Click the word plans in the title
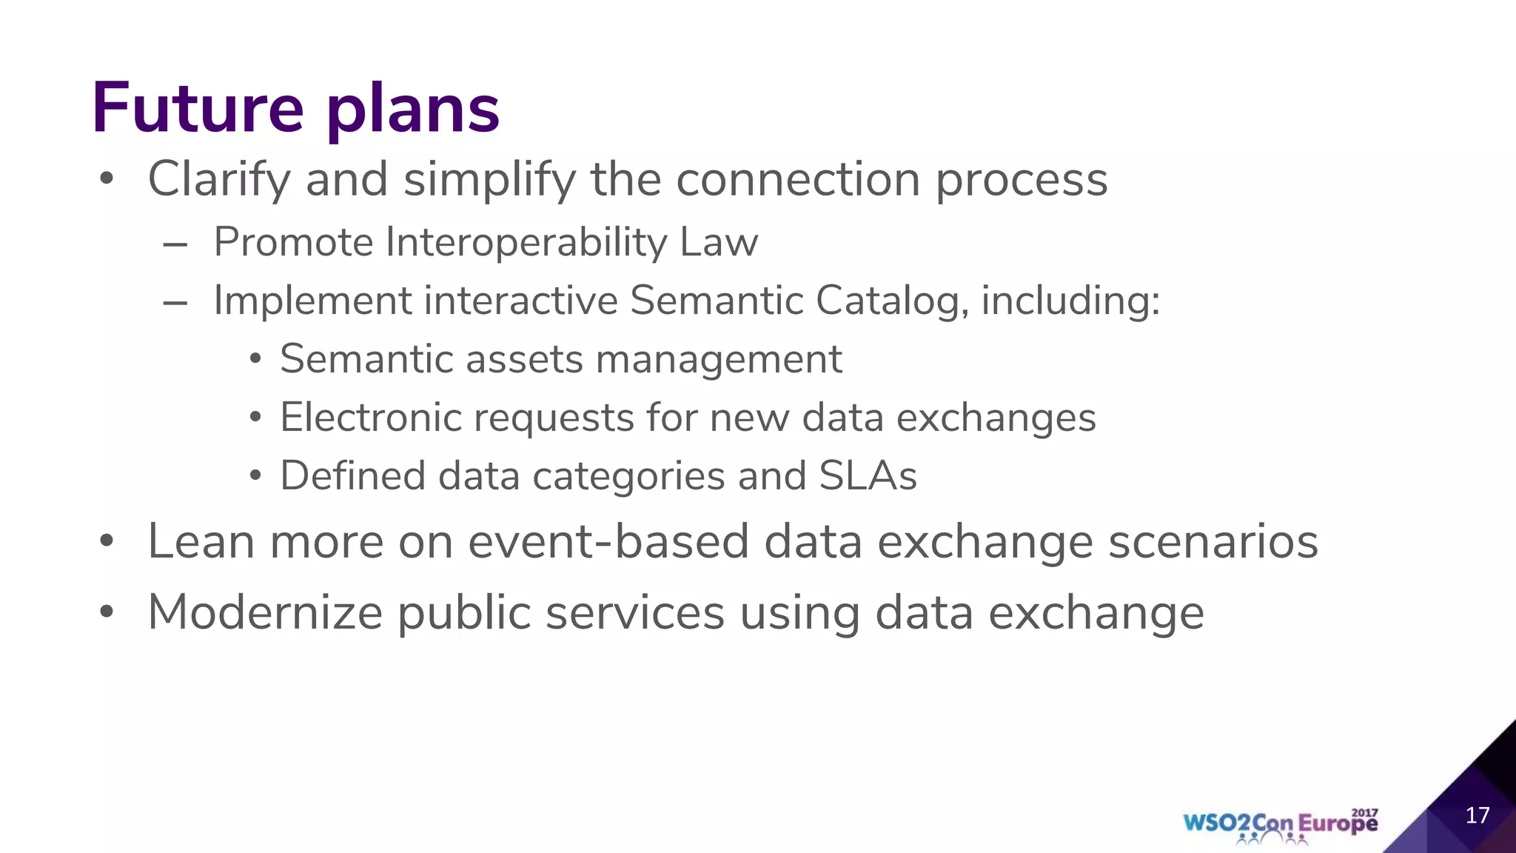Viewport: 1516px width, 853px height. point(413,111)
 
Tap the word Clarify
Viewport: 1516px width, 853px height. point(218,180)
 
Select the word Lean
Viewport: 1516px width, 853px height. point(201,541)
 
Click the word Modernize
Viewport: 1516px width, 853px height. point(265,613)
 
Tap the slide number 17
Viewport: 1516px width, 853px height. point(1478,815)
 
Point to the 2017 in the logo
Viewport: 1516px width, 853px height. point(1364,812)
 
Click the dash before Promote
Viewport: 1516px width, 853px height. point(175,244)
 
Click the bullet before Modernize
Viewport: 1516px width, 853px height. point(107,612)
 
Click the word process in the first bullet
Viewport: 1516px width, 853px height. point(1022,180)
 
